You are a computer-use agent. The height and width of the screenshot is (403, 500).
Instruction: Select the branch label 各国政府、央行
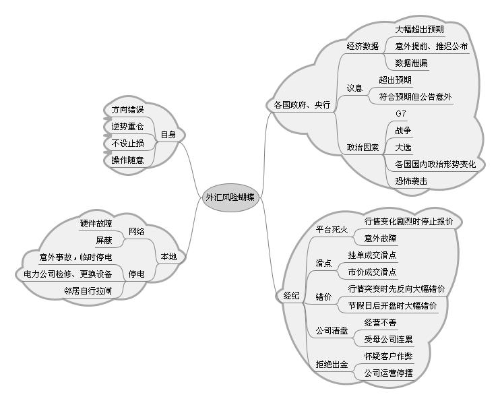(x=301, y=105)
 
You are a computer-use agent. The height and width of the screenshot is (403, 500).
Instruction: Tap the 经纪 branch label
(x=291, y=296)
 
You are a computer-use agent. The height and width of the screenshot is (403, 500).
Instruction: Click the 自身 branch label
(x=168, y=135)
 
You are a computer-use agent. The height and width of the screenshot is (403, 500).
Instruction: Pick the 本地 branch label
(x=168, y=257)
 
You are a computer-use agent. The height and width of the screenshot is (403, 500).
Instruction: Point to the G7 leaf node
(x=400, y=113)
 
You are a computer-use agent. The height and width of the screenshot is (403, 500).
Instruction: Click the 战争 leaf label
(x=403, y=130)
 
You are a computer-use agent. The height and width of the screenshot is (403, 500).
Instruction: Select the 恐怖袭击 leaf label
(x=411, y=181)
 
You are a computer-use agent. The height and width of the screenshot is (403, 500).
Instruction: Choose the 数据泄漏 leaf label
(x=411, y=63)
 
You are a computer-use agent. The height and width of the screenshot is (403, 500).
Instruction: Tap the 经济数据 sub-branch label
(x=363, y=46)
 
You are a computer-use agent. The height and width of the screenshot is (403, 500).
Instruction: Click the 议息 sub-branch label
(x=354, y=88)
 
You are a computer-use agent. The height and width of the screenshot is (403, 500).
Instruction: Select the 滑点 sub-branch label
(x=323, y=263)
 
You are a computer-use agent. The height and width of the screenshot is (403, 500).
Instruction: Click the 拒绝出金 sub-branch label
(x=332, y=365)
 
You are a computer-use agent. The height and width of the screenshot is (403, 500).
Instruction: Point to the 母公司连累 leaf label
(x=389, y=339)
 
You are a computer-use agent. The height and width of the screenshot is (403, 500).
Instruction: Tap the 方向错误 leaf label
(x=127, y=109)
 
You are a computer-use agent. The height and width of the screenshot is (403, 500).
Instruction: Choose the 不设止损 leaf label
(x=127, y=143)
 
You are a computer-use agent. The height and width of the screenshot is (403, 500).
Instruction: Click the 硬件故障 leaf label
(x=96, y=223)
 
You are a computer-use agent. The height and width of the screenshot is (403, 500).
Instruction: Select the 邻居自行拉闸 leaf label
(x=88, y=290)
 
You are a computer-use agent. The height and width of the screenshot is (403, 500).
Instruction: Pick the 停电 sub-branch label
(x=136, y=274)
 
